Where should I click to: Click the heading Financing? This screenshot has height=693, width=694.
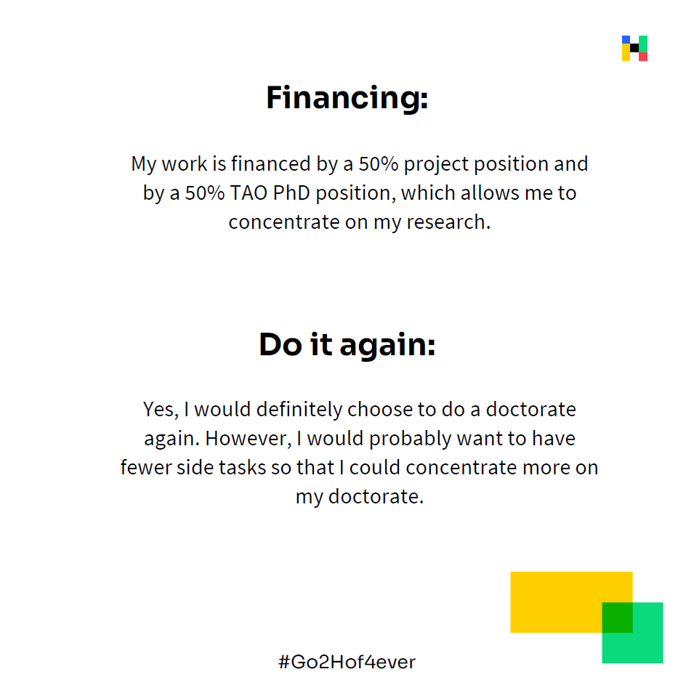(347, 98)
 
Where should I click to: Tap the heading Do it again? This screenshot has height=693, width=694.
(347, 345)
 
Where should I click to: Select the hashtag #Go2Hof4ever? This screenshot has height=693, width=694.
(347, 662)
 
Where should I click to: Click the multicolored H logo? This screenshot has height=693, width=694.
(634, 48)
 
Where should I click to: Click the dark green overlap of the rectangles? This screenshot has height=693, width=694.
(618, 617)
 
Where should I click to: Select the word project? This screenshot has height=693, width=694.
(437, 165)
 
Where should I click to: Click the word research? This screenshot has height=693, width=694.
(449, 222)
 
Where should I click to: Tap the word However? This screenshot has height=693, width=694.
(249, 439)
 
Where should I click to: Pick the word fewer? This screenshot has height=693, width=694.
(146, 468)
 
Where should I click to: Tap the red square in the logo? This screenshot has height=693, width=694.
(643, 57)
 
